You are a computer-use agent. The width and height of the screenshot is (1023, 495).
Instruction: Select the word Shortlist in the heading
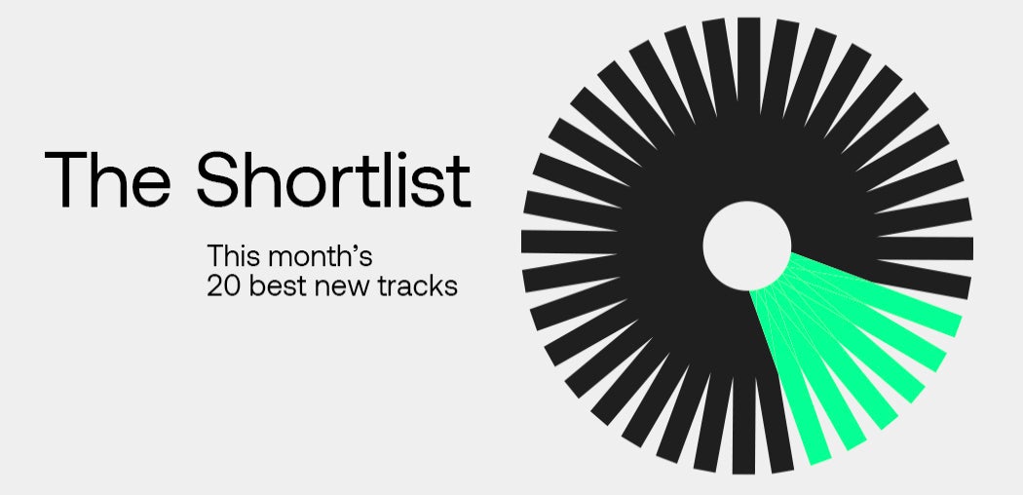(x=333, y=178)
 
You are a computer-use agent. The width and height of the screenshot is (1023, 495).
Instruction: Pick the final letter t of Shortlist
(x=461, y=182)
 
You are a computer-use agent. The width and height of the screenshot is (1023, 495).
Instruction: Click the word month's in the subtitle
(x=320, y=255)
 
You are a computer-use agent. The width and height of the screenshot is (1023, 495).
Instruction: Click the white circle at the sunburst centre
(x=747, y=246)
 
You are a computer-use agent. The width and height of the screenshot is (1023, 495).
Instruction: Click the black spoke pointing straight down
(x=743, y=424)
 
